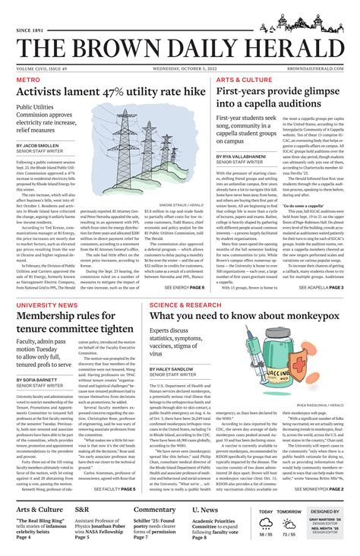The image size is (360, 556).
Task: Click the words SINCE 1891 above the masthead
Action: coord(33,30)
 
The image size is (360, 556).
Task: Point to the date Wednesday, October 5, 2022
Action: coord(179,68)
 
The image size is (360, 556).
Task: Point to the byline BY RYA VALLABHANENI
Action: coord(251,156)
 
